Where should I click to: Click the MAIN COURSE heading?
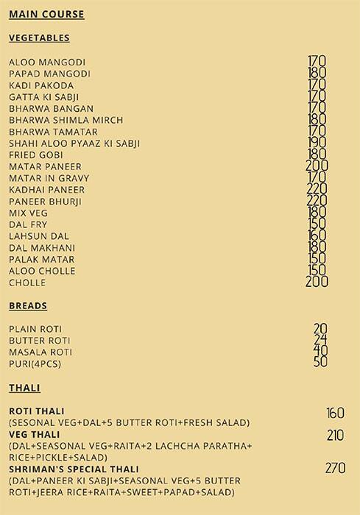pyautogui.click(x=46, y=14)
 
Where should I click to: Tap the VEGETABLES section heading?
pyautogui.click(x=39, y=38)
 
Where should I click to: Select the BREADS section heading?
pyautogui.click(x=28, y=305)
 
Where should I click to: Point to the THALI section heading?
pyautogui.click(x=24, y=388)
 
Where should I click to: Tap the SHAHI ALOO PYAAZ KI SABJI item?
pyautogui.click(x=74, y=143)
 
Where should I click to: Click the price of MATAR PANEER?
pyautogui.click(x=317, y=166)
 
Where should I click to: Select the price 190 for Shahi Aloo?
pyautogui.click(x=317, y=143)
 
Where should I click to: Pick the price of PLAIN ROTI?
pyautogui.click(x=320, y=329)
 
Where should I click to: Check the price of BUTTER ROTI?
pyautogui.click(x=320, y=340)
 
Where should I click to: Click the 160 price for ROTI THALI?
pyautogui.click(x=335, y=413)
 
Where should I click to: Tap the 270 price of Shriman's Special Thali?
pyautogui.click(x=335, y=468)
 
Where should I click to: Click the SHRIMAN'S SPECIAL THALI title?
pyautogui.click(x=68, y=469)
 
